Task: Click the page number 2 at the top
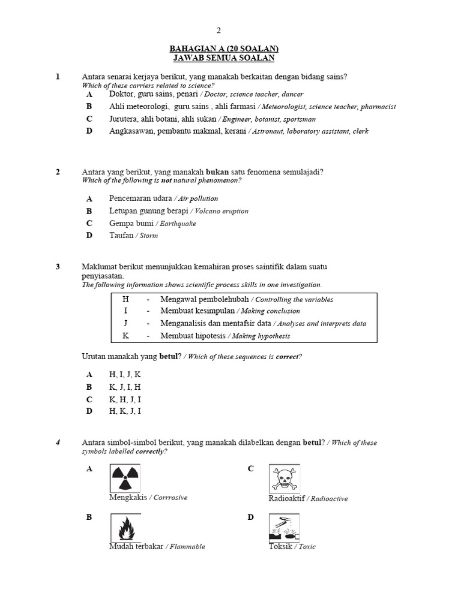[x=219, y=30]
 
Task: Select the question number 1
[x=58, y=77]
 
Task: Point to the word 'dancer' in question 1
[x=292, y=94]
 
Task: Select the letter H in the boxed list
[x=125, y=299]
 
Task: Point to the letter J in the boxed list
[x=125, y=323]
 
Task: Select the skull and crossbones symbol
[x=284, y=478]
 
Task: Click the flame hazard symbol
[x=125, y=528]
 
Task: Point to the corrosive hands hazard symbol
[x=284, y=528]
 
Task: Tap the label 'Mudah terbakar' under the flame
[x=136, y=546]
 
